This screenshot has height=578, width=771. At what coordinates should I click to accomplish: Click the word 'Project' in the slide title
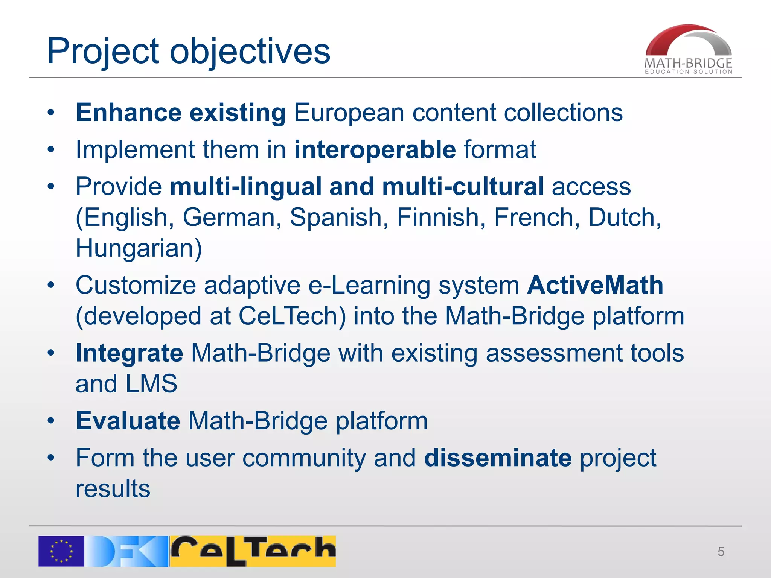point(103,52)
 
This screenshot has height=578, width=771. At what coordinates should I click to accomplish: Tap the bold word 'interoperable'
point(375,150)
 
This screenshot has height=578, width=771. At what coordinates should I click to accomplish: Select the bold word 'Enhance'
point(128,113)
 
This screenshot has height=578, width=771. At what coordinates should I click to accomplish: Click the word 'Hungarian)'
point(139,248)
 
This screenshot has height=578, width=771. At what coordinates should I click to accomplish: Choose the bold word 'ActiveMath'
point(595,285)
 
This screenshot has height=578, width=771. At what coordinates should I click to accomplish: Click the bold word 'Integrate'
point(129,353)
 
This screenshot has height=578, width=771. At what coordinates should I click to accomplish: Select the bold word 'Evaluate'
point(128,421)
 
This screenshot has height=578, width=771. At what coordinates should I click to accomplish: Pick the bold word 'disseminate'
point(498,458)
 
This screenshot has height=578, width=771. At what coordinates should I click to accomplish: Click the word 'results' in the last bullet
point(113,489)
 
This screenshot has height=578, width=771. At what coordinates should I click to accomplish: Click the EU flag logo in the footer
point(61,551)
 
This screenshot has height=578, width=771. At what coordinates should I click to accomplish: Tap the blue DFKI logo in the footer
point(126,551)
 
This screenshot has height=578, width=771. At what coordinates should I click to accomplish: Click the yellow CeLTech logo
point(253,551)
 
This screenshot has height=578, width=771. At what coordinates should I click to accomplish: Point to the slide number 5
point(721,552)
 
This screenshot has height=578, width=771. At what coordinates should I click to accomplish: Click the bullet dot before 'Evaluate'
point(51,421)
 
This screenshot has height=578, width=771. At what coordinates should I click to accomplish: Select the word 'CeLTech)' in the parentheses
point(292,316)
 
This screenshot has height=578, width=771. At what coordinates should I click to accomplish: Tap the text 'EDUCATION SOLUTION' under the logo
point(689,71)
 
